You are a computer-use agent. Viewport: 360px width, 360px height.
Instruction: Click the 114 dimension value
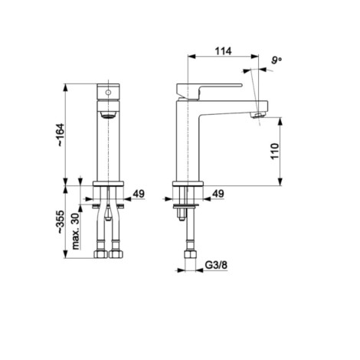click(x=224, y=51)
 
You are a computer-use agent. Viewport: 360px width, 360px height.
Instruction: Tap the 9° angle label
click(x=277, y=61)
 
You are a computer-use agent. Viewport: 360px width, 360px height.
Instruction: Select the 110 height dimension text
click(x=275, y=152)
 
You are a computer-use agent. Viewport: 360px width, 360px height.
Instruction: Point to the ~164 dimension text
click(x=61, y=135)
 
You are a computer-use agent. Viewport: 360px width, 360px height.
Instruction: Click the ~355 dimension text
click(x=61, y=221)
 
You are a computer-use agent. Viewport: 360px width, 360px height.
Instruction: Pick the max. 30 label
click(x=76, y=231)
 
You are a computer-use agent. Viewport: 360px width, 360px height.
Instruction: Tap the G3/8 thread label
click(x=216, y=265)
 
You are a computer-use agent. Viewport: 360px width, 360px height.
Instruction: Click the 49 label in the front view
click(x=139, y=194)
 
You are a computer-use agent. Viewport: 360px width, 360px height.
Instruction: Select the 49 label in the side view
click(x=218, y=194)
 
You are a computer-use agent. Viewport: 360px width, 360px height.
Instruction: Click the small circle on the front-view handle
click(x=108, y=93)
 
